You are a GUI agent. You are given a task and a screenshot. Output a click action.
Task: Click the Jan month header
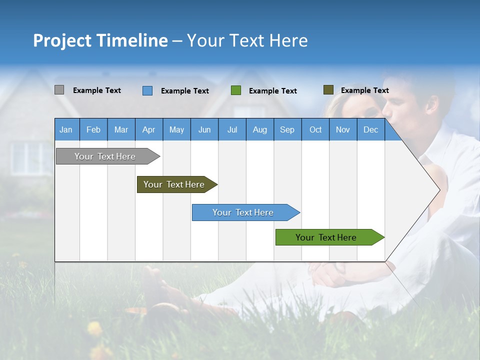point(66,129)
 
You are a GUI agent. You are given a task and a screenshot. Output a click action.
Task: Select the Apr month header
point(148,129)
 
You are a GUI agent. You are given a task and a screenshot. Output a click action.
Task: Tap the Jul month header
point(232,129)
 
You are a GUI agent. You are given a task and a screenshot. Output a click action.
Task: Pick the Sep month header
point(287,129)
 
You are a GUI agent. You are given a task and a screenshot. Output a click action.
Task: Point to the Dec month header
point(370,129)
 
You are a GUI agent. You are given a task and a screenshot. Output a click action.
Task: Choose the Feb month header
point(93,129)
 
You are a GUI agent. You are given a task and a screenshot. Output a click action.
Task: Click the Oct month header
point(315,129)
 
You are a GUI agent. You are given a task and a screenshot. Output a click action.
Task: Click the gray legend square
point(59,90)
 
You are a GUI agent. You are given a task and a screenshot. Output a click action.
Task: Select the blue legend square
point(147,90)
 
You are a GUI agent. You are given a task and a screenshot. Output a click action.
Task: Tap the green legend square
point(236,90)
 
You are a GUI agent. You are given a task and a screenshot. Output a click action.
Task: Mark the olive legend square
point(328,90)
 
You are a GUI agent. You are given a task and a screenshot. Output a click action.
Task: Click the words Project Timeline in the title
point(100,40)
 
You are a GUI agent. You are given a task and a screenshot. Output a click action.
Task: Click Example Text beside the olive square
point(364,90)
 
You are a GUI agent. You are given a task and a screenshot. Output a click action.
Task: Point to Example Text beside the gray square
point(97,90)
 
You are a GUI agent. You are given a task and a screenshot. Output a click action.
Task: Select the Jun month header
point(204,129)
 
